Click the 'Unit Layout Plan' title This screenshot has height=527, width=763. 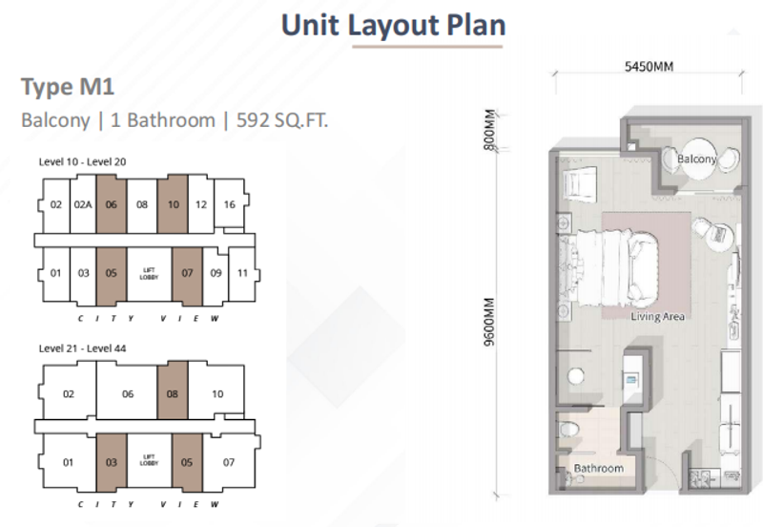[x=394, y=26]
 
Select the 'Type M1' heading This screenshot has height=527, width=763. [x=68, y=87]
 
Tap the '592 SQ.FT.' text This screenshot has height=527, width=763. [x=282, y=120]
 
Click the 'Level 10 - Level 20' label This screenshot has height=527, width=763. [x=82, y=161]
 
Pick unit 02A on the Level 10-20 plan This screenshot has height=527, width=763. [x=83, y=205]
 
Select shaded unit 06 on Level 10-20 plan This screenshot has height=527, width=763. [x=112, y=204]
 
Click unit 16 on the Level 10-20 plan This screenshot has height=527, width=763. [x=229, y=204]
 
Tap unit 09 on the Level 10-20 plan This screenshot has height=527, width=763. [x=216, y=273]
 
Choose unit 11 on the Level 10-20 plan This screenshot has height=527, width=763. [x=242, y=273]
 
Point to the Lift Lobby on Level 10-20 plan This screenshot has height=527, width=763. [x=149, y=274]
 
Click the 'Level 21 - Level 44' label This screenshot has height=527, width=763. [x=82, y=348]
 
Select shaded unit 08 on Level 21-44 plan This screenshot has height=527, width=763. [x=173, y=393]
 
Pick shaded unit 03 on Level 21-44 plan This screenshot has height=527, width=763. [x=112, y=462]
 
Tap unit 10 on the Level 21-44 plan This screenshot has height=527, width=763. [x=217, y=393]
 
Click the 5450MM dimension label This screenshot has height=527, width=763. [x=650, y=66]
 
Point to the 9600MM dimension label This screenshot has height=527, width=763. [x=489, y=322]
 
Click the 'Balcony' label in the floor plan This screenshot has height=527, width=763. [x=697, y=158]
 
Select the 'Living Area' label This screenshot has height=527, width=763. [x=657, y=317]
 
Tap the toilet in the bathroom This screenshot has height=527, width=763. [x=568, y=429]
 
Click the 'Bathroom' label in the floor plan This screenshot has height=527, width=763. [x=599, y=469]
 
